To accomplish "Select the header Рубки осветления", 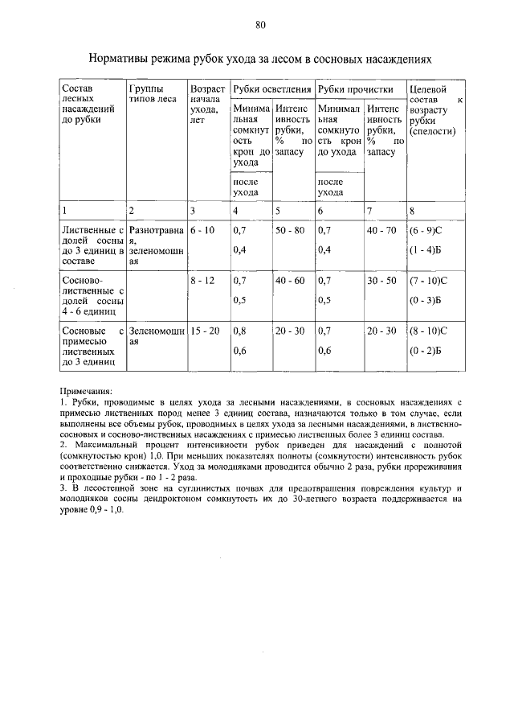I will [x=271, y=88].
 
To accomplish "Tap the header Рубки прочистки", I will [x=355, y=88].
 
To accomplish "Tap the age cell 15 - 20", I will [x=206, y=331].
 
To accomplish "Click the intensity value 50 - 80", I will [x=290, y=230].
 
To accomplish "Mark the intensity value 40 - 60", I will [x=290, y=281].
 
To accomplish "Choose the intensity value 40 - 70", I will [x=381, y=230].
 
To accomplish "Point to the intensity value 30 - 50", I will [x=381, y=281].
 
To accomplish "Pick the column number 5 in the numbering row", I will [x=279, y=211].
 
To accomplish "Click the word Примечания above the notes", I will [x=88, y=389].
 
